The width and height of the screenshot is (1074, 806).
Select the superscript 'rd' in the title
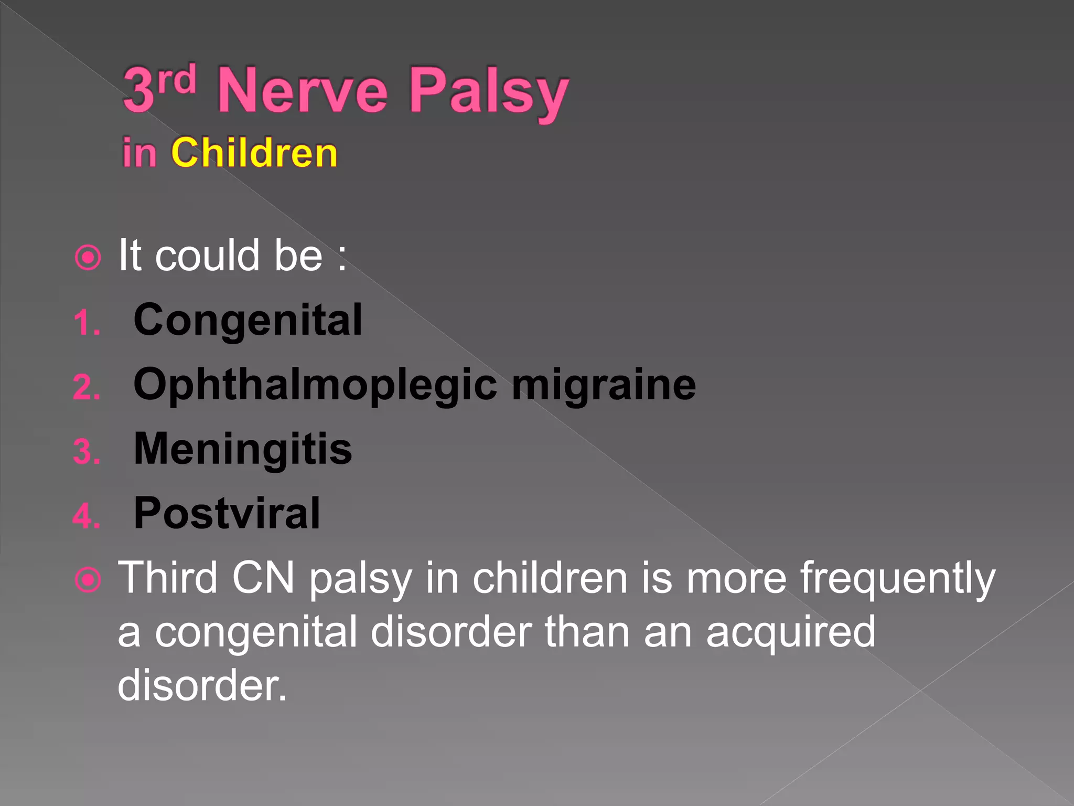tap(177, 80)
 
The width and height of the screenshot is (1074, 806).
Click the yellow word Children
tap(254, 153)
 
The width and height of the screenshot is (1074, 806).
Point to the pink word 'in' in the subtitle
tap(139, 153)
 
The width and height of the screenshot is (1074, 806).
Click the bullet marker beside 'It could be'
tap(88, 257)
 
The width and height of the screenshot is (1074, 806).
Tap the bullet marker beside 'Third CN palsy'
tap(88, 580)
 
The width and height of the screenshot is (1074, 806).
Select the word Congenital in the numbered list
tap(248, 320)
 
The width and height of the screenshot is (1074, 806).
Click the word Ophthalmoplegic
tap(315, 385)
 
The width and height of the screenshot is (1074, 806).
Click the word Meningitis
tap(243, 449)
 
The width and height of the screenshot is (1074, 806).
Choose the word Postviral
tap(227, 513)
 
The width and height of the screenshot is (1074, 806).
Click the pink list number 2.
tap(87, 388)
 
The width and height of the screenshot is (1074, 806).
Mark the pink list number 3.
tap(87, 452)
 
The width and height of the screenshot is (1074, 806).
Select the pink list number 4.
tap(87, 516)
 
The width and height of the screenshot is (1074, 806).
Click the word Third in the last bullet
tap(168, 578)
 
